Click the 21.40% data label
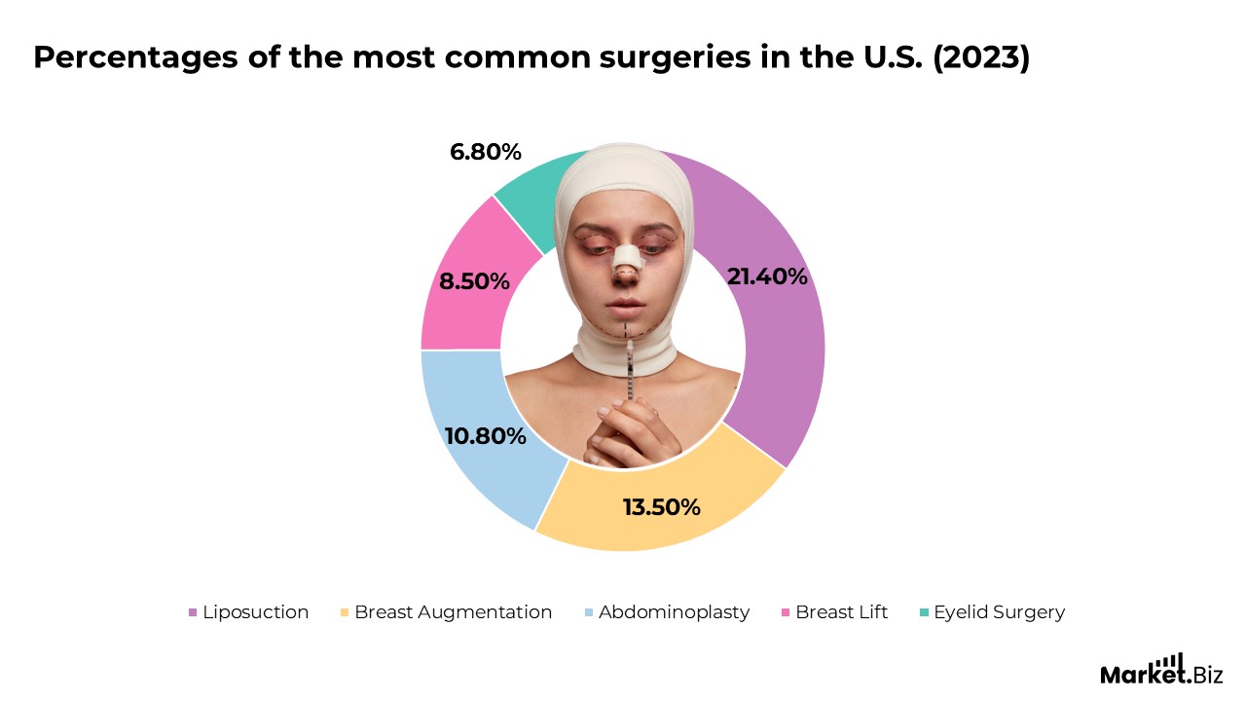click(767, 277)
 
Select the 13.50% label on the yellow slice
click(661, 507)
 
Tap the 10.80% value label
click(485, 435)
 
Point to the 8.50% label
click(474, 281)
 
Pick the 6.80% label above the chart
click(486, 152)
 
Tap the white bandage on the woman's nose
click(627, 257)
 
